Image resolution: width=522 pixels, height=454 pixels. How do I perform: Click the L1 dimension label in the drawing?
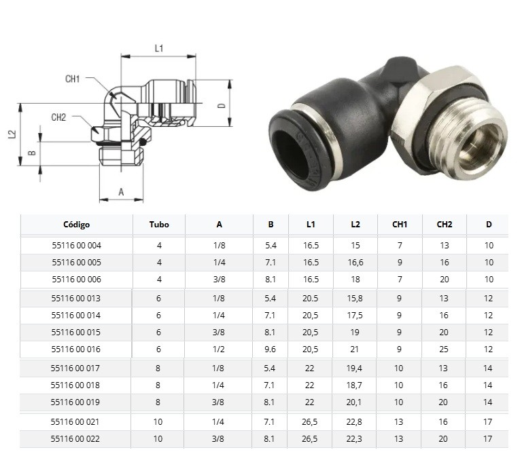point(159,49)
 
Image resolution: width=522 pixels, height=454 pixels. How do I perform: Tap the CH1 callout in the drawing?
point(73,79)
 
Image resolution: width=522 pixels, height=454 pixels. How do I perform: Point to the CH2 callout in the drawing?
point(58,117)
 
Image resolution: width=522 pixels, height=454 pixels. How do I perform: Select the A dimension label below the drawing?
point(121,192)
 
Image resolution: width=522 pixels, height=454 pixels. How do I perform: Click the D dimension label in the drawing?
point(222,106)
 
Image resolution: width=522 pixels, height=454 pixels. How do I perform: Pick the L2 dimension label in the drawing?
point(12,134)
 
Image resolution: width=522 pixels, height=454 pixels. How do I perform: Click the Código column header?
point(77,225)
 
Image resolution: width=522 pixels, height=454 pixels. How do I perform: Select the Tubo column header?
point(159,225)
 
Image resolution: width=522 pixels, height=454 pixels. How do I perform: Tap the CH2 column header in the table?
point(445,225)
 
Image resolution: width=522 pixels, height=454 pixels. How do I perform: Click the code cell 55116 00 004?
point(77,246)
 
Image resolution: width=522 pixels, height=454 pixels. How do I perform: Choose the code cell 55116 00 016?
point(76,349)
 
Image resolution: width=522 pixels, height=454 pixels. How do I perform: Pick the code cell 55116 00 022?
point(75,439)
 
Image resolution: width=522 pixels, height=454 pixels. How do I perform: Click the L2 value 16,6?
point(355,263)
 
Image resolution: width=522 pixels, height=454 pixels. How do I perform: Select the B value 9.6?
point(270,349)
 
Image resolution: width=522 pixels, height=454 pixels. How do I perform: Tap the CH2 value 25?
point(444,349)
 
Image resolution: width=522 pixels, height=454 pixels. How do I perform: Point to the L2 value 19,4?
point(354,368)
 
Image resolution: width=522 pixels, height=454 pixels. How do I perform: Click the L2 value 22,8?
point(354,422)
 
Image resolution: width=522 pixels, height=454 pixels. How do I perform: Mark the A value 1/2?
point(218,349)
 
